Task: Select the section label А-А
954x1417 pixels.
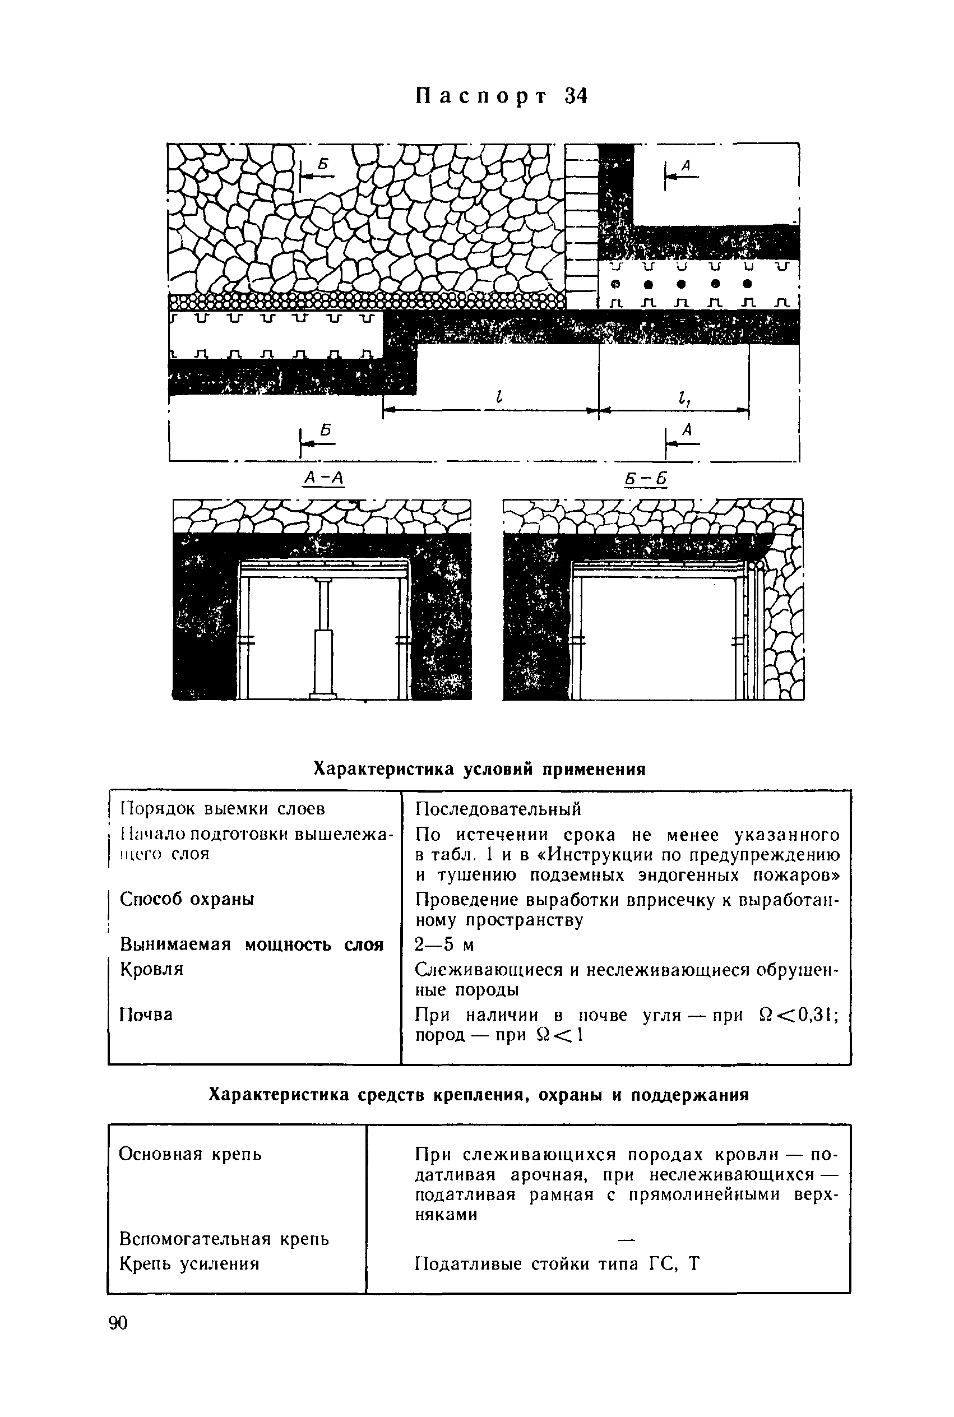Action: pyautogui.click(x=323, y=479)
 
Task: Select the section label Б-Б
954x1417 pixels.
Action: pyautogui.click(x=646, y=479)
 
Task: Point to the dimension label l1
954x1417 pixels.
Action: pyautogui.click(x=684, y=399)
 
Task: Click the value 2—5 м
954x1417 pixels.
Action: pyautogui.click(x=444, y=945)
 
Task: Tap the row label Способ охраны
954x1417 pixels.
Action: pyautogui.click(x=187, y=899)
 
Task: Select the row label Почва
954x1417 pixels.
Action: pyautogui.click(x=146, y=1014)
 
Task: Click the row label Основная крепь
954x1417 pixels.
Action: pyautogui.click(x=191, y=1154)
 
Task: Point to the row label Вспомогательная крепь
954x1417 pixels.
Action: pyautogui.click(x=225, y=1238)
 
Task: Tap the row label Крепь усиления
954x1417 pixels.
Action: pyautogui.click(x=189, y=1263)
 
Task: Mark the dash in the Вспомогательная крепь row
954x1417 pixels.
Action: pyautogui.click(x=626, y=1238)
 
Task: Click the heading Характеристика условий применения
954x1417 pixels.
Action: pyautogui.click(x=479, y=769)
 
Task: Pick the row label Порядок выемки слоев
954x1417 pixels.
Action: pyautogui.click(x=223, y=809)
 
